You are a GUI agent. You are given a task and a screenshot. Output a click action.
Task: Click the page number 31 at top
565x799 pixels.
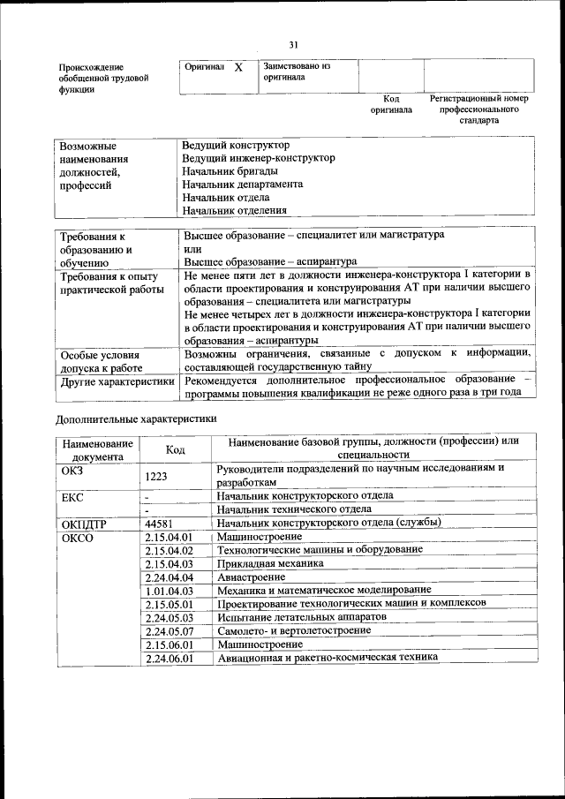click(x=293, y=45)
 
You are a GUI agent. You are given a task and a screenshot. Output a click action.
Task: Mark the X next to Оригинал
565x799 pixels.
click(x=238, y=67)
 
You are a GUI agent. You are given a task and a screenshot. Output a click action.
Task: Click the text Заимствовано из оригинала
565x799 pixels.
click(x=295, y=72)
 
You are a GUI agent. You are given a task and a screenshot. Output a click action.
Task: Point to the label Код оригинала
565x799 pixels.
click(x=391, y=104)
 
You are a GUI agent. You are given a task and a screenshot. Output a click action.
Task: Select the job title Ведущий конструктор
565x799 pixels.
click(x=236, y=144)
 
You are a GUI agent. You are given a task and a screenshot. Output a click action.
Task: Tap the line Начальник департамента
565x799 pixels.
click(x=242, y=184)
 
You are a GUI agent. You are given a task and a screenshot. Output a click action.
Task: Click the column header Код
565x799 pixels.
click(x=175, y=449)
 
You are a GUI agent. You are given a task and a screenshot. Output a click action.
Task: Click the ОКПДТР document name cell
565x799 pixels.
click(x=84, y=523)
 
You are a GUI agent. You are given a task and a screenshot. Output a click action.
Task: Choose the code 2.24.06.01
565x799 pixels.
click(x=169, y=658)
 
